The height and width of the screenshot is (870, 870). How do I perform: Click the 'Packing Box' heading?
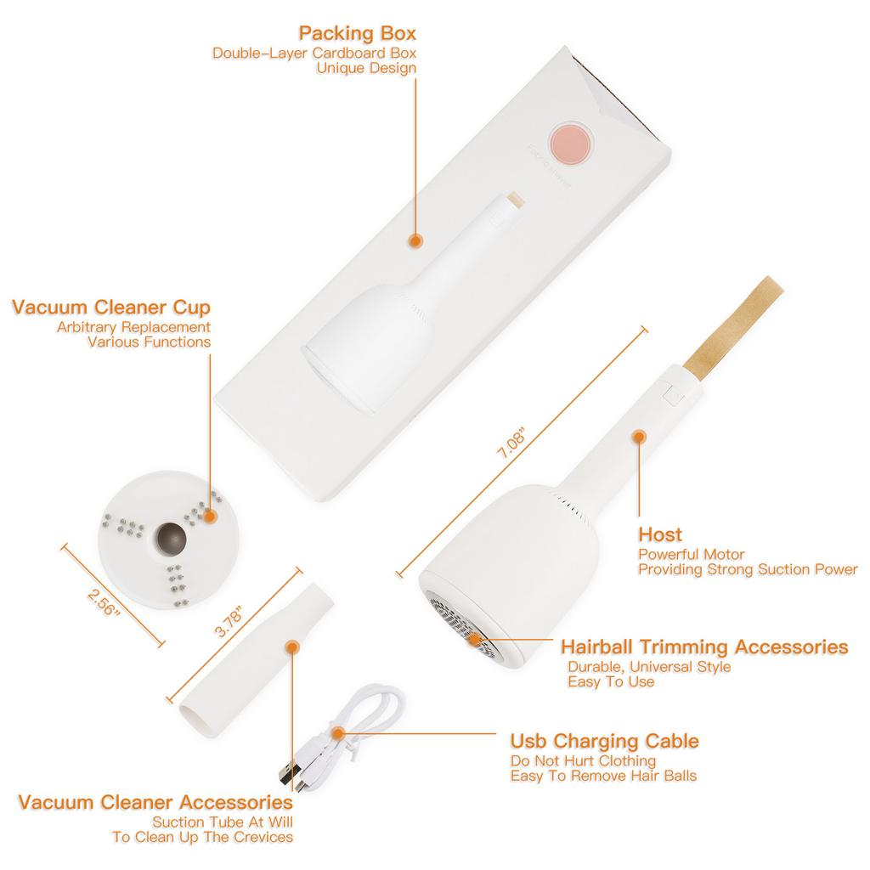358,33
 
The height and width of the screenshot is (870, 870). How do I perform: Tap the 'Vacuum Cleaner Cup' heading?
111,307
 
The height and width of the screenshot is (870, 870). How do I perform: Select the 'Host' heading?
660,534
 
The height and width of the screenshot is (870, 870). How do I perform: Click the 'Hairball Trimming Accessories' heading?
704,647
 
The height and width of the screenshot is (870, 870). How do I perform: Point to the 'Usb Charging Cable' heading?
605,741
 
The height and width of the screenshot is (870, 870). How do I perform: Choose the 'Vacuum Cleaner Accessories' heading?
155,802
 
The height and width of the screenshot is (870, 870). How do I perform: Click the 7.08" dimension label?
511,443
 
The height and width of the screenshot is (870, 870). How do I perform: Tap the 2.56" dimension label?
104,602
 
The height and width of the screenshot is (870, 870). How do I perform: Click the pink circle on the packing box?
571,144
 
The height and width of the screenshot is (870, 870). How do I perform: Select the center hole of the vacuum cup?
171,538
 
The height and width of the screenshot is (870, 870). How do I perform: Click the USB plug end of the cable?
291,773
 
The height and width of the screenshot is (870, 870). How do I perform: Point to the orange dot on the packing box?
415,240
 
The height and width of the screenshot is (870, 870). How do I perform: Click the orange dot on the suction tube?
293,647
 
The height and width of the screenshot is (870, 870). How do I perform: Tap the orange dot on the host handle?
639,437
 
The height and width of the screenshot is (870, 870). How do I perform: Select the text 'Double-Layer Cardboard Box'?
314,54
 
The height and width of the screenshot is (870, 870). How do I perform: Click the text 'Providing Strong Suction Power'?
748,569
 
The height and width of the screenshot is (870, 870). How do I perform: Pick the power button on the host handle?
674,395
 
